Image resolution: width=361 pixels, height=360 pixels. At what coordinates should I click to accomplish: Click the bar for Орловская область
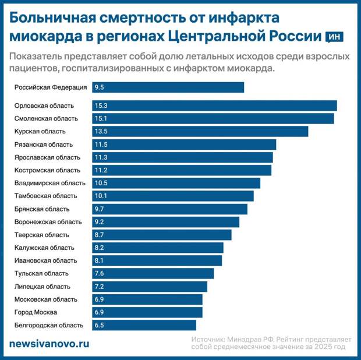[x=214, y=105]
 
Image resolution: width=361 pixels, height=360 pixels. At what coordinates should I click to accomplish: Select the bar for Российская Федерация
[x=168, y=87]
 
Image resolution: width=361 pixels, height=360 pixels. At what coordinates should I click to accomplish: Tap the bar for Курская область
[x=200, y=131]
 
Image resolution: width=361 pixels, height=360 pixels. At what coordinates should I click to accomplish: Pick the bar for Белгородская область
[x=144, y=325]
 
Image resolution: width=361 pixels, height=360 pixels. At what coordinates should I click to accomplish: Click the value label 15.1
[x=101, y=118]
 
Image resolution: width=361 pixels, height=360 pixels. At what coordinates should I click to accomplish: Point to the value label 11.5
[x=101, y=144]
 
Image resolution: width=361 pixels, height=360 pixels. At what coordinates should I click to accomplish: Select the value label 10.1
[x=101, y=196]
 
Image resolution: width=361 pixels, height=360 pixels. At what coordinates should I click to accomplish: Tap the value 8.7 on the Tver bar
[x=99, y=235]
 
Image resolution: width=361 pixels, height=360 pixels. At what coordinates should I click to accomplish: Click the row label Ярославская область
[x=47, y=157]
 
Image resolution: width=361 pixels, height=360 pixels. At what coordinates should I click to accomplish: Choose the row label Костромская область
[x=47, y=170]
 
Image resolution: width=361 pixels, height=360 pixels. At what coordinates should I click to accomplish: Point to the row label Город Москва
[x=37, y=312]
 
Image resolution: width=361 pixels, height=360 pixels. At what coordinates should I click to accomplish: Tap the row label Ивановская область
[x=45, y=260]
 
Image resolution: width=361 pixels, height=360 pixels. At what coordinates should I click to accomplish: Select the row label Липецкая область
[x=43, y=287]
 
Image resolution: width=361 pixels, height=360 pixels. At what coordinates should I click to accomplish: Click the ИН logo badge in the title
[x=335, y=37]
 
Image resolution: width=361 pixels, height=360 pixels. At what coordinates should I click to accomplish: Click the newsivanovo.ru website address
[x=49, y=344]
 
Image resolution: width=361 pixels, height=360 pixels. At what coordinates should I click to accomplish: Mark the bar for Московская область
[x=147, y=299]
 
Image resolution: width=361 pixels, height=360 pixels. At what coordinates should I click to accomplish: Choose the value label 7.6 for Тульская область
[x=99, y=273]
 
